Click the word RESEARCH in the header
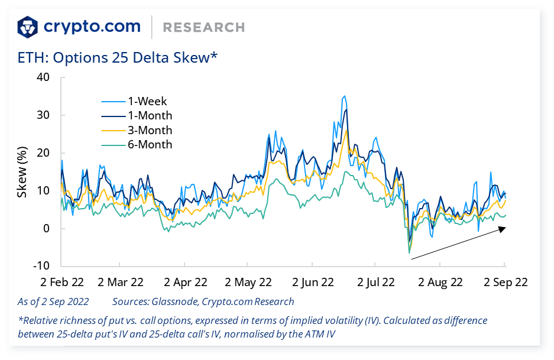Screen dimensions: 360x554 click(x=203, y=27)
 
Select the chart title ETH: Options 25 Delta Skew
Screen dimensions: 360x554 click(x=118, y=57)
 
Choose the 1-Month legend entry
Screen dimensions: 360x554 click(x=150, y=116)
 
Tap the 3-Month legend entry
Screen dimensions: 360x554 click(x=150, y=130)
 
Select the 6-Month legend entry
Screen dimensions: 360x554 click(x=150, y=145)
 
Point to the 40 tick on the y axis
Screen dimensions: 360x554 click(x=43, y=77)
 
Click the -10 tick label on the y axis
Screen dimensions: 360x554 click(x=41, y=267)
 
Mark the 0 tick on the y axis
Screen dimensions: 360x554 click(x=47, y=229)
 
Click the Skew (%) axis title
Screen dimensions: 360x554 click(x=22, y=172)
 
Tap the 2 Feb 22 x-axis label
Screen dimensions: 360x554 click(x=61, y=282)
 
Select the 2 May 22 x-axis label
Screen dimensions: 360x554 click(x=249, y=282)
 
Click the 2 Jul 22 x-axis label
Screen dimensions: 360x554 click(x=376, y=282)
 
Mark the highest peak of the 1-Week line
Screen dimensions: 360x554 click(x=344, y=96)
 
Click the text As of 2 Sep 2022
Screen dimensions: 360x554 click(x=53, y=301)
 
